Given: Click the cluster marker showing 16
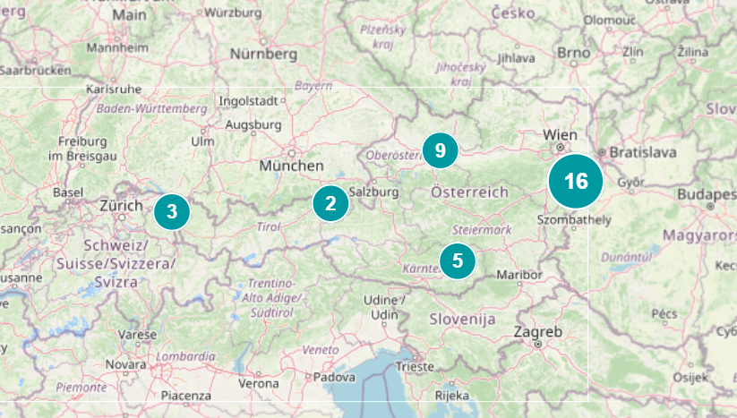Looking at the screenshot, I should point(576,182).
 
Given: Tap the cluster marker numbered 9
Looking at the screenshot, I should point(440,150).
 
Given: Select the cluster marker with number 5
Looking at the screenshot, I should point(458,260).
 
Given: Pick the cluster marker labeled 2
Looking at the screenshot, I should point(330,203).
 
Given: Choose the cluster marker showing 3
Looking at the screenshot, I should point(172,212).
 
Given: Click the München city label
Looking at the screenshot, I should point(291,166).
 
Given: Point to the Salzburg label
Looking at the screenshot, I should point(373,192).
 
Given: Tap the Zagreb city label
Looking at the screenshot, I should point(538,332).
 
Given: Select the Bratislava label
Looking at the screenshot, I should point(644,152).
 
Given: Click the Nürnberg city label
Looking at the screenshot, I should point(263,54).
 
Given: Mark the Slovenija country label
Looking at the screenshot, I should point(462,319).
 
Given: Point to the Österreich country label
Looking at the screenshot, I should point(469,192).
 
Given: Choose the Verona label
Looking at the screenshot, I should point(258,383).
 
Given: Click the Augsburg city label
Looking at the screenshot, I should point(253,124).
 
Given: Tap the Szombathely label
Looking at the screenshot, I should point(574,219).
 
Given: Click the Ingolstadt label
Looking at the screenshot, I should point(250,100).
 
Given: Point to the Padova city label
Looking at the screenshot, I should point(333,377).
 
